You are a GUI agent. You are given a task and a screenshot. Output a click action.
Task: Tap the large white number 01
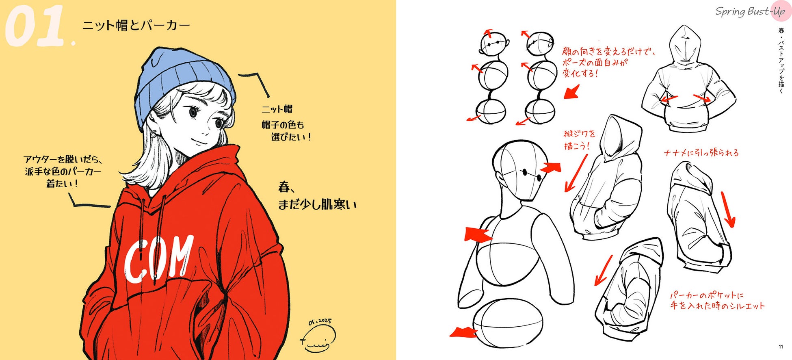(x=35, y=27)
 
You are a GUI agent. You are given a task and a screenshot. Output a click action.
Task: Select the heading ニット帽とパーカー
(x=136, y=25)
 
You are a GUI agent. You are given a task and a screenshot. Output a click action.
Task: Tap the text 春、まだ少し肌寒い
(x=317, y=196)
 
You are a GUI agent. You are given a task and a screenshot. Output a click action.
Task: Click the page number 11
(x=780, y=347)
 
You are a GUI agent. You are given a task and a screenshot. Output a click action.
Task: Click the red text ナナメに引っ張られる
(x=701, y=153)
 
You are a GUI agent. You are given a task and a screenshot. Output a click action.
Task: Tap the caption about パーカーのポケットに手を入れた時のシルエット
(x=717, y=300)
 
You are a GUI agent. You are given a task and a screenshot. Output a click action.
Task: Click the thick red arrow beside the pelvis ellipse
(x=464, y=332)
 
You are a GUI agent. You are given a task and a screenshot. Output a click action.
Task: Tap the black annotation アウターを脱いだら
(x=63, y=159)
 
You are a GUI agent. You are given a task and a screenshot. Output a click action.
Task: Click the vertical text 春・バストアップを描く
(x=781, y=60)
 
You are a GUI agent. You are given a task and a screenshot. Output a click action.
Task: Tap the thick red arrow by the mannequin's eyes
(x=551, y=167)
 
